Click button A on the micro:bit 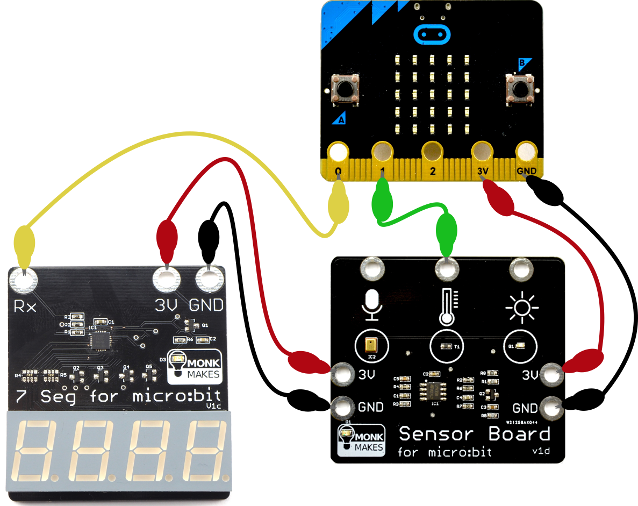[345, 87]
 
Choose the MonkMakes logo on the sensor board [361, 440]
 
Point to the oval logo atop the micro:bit [431, 34]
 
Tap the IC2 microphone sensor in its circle [370, 345]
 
